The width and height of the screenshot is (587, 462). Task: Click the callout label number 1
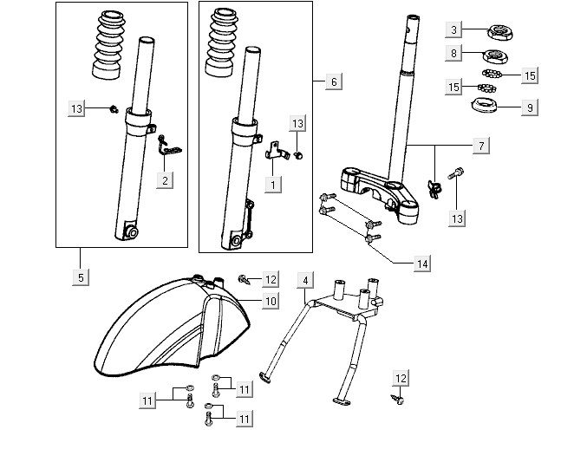tap(272, 185)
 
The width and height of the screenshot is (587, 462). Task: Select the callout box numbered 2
tap(165, 179)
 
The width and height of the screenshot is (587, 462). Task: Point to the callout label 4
tap(304, 280)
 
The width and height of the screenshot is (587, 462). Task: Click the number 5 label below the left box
tap(80, 277)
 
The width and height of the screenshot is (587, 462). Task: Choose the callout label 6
tap(333, 81)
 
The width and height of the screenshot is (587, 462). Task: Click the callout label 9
tap(531, 108)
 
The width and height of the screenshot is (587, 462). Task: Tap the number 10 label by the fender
tap(271, 301)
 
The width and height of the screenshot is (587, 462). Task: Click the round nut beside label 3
tap(501, 32)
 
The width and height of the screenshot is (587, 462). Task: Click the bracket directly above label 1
tap(275, 151)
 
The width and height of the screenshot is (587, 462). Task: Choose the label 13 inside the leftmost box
tap(78, 108)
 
